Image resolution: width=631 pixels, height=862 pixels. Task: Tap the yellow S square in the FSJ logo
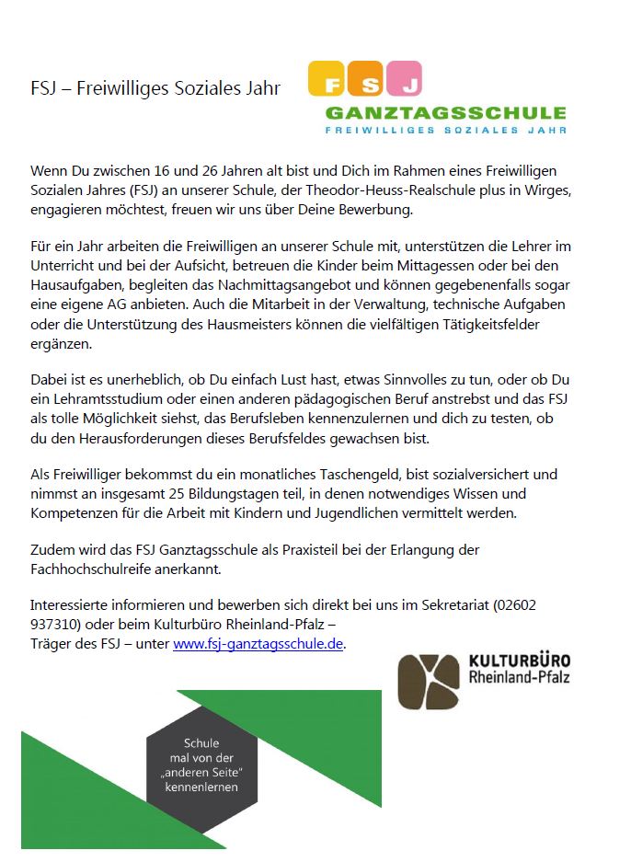[365, 79]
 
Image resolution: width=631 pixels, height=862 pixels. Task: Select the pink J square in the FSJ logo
[403, 79]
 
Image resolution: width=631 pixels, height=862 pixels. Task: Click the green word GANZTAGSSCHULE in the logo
[445, 113]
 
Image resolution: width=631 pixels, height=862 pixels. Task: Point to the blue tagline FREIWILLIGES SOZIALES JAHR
[445, 131]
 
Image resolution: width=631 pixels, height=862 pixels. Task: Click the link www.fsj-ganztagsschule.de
[258, 644]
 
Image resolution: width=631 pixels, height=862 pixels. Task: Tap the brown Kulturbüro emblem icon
[428, 682]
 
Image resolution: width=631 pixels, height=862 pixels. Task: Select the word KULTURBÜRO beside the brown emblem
[519, 661]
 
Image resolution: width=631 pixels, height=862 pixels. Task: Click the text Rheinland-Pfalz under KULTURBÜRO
[519, 679]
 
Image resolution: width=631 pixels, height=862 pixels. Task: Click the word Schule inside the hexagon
[201, 742]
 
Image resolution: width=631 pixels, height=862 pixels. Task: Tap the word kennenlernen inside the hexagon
[201, 787]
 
